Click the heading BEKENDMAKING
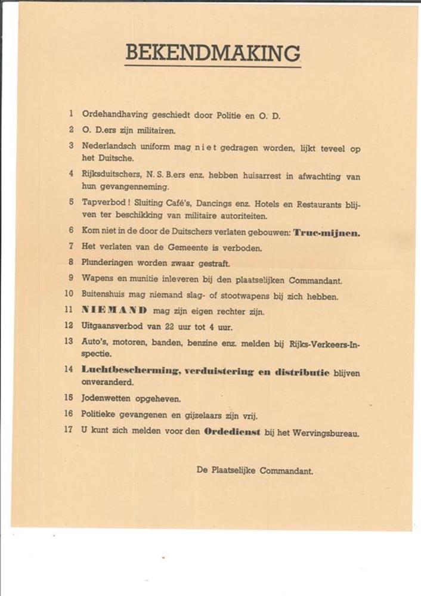212,53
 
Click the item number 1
71,114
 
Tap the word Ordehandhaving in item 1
112,115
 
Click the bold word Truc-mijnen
326,232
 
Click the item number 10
69,294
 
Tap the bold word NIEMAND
114,311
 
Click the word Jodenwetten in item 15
107,398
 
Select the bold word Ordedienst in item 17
231,432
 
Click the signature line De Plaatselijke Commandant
255,470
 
